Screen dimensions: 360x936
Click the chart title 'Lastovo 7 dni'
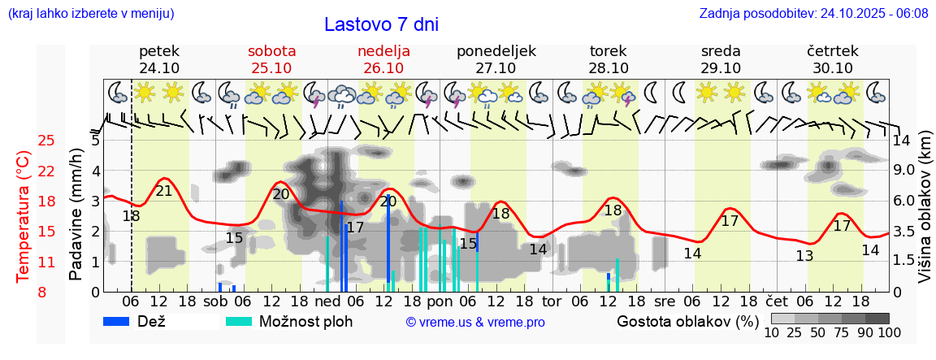pos(381,24)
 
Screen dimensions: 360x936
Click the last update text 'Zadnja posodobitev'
pos(813,14)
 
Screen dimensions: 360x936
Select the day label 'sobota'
pos(271,51)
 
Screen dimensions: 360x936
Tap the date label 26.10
pos(383,68)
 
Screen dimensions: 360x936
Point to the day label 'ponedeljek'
pos(496,51)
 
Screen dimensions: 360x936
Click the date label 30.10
pos(833,68)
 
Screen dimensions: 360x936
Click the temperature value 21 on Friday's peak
pos(163,191)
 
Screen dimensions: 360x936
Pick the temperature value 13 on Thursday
pos(804,256)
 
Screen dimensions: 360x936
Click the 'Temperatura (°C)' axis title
pos(24,216)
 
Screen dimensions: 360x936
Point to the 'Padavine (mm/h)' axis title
pos(76,215)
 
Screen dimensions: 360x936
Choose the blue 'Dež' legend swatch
pos(121,321)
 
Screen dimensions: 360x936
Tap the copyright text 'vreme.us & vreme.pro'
pos(474,322)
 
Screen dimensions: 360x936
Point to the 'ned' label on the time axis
pos(327,301)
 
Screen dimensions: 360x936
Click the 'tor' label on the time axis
pos(552,301)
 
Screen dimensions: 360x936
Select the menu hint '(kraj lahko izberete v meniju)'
pos(90,14)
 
